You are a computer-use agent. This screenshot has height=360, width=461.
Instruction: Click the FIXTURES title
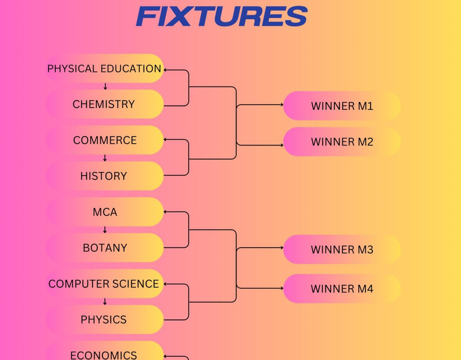tap(222, 16)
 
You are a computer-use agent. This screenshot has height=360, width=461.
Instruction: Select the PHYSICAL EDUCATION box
tap(105, 68)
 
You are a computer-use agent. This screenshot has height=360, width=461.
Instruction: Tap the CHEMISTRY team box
tap(105, 104)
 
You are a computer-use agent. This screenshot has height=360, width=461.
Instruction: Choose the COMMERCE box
tap(105, 140)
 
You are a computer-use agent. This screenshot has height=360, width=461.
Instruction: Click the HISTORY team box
tap(105, 176)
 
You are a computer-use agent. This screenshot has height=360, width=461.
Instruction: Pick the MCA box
tap(105, 212)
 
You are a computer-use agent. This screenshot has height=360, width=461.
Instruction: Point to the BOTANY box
tap(105, 248)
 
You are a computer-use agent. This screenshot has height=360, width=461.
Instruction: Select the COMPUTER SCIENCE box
tap(105, 284)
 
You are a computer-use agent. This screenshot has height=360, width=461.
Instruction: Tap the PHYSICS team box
tap(105, 320)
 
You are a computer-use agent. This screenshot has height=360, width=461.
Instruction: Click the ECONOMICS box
tap(105, 351)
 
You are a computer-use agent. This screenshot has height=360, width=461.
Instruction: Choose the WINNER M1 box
tap(342, 106)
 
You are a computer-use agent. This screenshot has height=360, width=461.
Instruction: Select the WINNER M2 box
tap(342, 141)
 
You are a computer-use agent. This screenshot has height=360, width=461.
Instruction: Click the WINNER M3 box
tap(342, 249)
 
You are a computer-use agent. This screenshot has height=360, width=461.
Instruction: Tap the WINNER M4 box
tap(342, 289)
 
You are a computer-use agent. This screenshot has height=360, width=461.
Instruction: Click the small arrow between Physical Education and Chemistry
tap(105, 86)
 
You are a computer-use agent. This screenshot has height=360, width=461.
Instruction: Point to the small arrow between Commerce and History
tap(105, 158)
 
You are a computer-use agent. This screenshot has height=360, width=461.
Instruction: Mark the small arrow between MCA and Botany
tap(105, 230)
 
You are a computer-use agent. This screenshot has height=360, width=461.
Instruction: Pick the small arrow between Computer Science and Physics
tap(105, 301)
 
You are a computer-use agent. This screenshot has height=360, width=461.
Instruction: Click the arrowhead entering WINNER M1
tap(282, 104)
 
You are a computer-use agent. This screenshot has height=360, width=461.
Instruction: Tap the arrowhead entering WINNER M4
tap(282, 288)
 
